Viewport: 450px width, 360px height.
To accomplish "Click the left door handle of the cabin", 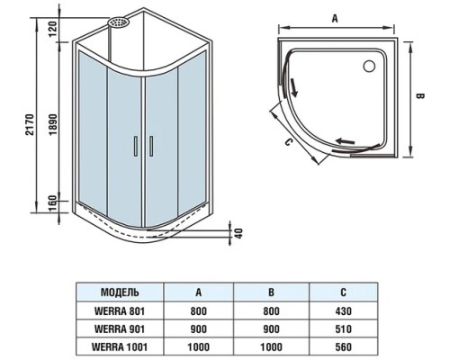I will click(136, 148).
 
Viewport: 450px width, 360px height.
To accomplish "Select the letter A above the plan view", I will click(335, 16).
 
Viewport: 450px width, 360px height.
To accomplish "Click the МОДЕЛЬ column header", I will click(120, 292).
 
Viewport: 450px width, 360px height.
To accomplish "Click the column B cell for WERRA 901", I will click(271, 329).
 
